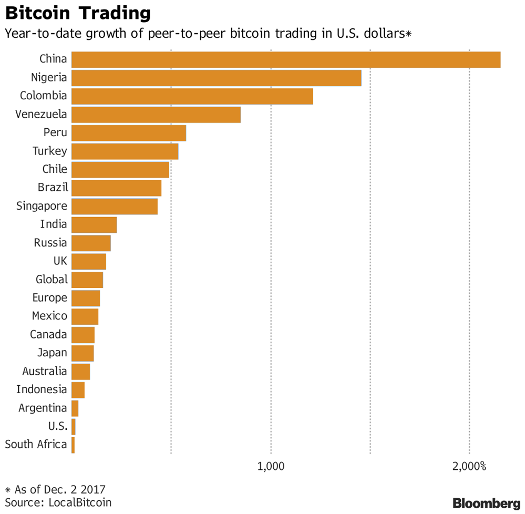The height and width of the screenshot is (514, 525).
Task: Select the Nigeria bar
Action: pyautogui.click(x=216, y=78)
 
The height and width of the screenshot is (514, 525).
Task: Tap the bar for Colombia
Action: pyautogui.click(x=192, y=96)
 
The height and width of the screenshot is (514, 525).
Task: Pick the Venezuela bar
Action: pyautogui.click(x=156, y=115)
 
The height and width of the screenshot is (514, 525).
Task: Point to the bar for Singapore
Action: pyautogui.click(x=114, y=207)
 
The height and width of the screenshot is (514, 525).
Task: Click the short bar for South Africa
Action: pyautogui.click(x=73, y=445)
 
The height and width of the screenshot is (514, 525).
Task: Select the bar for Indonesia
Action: pyautogui.click(x=78, y=390)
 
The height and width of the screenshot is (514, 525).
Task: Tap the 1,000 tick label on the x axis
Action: pyautogui.click(x=271, y=467)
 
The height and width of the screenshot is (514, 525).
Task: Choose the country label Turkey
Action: pyautogui.click(x=50, y=151)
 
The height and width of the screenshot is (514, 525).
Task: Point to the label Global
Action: pyautogui.click(x=52, y=279)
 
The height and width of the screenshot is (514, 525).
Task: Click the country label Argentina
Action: pyautogui.click(x=43, y=408)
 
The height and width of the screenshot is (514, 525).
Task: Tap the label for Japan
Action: pyautogui.click(x=52, y=353)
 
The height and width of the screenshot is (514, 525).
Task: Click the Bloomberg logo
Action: pyautogui.click(x=487, y=503)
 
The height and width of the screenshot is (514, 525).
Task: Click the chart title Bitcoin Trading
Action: pyautogui.click(x=78, y=13)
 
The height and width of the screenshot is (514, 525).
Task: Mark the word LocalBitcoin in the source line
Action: pyautogui.click(x=80, y=502)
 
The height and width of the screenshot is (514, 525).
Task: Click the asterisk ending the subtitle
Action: pyautogui.click(x=408, y=34)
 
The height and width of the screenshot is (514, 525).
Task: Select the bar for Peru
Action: pyautogui.click(x=128, y=133)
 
